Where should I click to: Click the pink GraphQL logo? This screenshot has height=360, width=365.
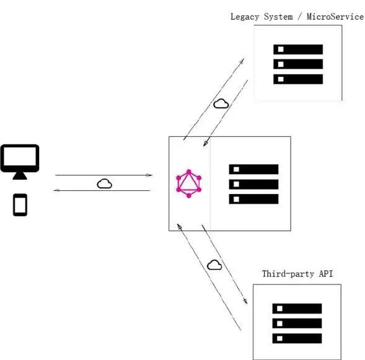[x=189, y=183]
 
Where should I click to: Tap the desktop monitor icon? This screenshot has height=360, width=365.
[x=20, y=160]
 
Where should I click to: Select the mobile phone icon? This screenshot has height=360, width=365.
[x=20, y=205]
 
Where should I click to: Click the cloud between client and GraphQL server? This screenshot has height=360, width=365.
[x=104, y=183]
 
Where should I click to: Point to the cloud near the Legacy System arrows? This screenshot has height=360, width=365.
[x=221, y=103]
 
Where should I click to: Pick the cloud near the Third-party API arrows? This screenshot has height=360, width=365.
[x=214, y=265]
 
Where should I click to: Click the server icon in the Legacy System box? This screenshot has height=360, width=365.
[x=298, y=64]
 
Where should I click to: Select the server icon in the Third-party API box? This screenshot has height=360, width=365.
[x=297, y=323]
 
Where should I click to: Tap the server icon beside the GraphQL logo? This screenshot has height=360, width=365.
[x=253, y=184]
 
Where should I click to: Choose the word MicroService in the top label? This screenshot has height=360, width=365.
[x=337, y=17]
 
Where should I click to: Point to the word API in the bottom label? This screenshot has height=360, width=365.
[x=325, y=273]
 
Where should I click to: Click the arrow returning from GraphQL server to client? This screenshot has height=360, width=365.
[x=102, y=190]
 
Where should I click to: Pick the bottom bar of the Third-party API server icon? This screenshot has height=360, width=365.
[x=297, y=338]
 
